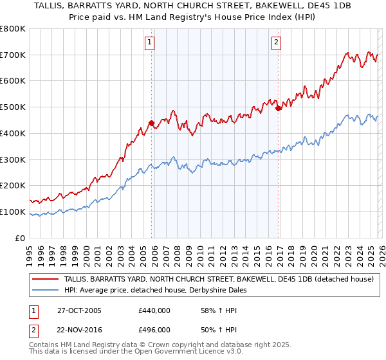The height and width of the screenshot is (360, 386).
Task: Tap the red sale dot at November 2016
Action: (279, 108)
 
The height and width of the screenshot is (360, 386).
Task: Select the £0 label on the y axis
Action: (21, 238)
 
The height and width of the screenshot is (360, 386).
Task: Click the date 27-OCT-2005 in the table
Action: (84, 310)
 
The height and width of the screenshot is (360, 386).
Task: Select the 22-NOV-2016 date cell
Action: (84, 329)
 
